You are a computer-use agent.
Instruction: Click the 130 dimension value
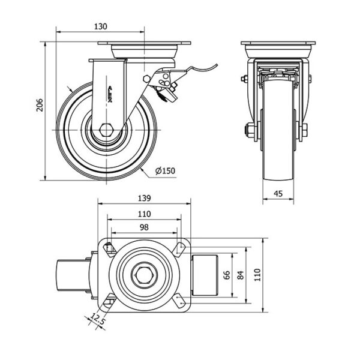coord(101,26)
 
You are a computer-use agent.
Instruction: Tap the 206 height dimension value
coord(40,105)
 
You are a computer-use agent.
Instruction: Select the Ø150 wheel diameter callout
coord(165,170)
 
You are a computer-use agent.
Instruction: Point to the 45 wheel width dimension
coord(278,194)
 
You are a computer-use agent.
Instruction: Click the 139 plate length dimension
coord(144,198)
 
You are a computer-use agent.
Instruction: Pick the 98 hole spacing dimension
coord(144,227)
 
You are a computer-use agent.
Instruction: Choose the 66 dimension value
coord(227,275)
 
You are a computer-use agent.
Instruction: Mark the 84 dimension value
coord(240,275)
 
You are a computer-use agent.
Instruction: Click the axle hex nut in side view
coord(106,130)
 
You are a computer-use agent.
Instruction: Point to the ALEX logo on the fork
coord(110,94)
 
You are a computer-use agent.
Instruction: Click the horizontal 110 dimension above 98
coord(144,214)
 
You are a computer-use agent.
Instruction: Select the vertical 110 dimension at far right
coord(258,275)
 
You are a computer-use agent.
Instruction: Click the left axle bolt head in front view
coord(250,131)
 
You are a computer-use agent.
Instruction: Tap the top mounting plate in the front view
coord(278,43)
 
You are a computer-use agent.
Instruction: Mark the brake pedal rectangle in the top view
coord(205,275)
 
